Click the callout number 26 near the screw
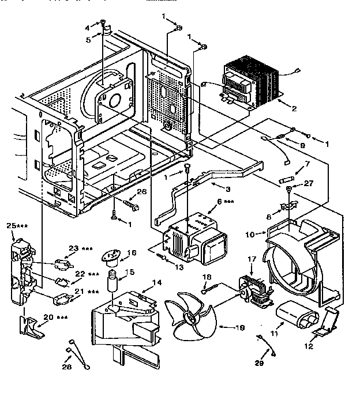(141, 192)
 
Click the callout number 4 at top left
(88, 27)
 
